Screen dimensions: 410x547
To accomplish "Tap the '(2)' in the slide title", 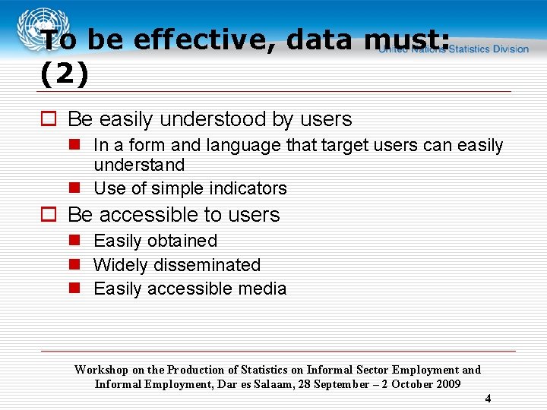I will point(65,74).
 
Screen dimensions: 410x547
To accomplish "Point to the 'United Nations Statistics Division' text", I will point(454,49).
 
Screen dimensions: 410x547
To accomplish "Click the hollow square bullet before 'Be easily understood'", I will point(49,119).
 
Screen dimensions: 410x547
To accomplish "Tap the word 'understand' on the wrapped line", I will point(139,165).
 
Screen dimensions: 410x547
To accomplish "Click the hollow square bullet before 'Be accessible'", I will point(49,215).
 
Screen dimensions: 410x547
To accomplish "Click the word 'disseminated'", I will point(207,265).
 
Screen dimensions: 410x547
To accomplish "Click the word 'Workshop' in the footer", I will point(102,370).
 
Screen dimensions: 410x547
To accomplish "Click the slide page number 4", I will point(488,399).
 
